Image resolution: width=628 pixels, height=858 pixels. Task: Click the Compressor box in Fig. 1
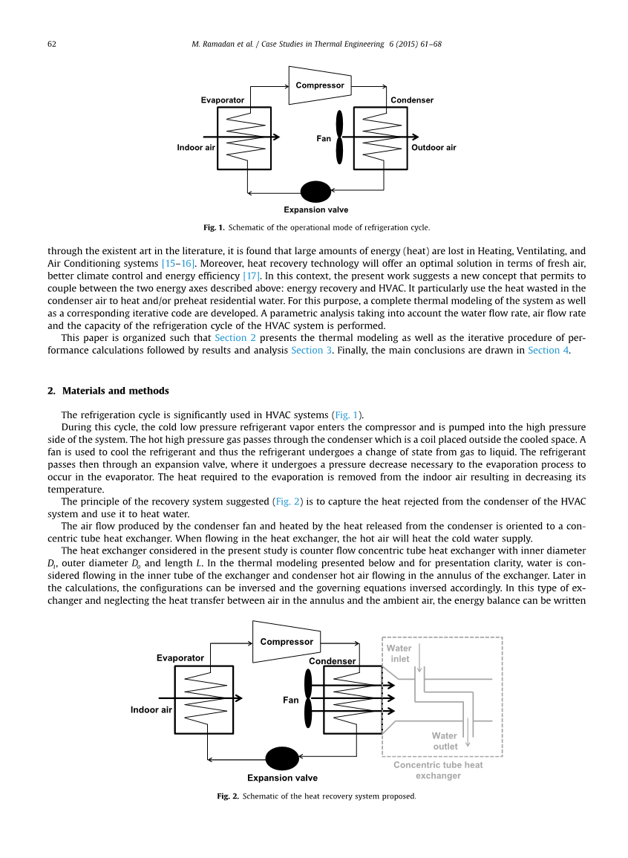pos(320,85)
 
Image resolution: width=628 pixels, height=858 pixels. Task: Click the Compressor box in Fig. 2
pos(287,642)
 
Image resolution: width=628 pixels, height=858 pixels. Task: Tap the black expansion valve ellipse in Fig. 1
pos(315,192)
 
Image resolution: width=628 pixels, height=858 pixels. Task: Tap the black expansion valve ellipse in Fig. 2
pos(282,758)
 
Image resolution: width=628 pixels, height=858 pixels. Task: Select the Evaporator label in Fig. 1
pos(223,100)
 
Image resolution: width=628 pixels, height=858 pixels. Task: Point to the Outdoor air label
pos(434,148)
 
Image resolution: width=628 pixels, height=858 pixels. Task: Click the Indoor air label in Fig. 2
pos(151,709)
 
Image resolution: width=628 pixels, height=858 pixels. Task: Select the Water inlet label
pos(399,654)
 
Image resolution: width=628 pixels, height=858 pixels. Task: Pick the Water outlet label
pos(445,741)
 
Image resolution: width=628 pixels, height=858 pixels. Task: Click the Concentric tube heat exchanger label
pos(438,770)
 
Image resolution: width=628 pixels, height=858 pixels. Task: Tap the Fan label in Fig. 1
pos(324,139)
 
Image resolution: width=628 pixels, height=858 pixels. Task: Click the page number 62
pos(52,44)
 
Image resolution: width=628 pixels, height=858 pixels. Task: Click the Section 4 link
pos(548,350)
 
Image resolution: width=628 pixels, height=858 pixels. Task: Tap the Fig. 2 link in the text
pos(287,501)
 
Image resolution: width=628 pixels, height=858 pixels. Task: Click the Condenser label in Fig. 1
pos(412,100)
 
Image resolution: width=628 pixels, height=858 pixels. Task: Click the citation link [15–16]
pos(178,264)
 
